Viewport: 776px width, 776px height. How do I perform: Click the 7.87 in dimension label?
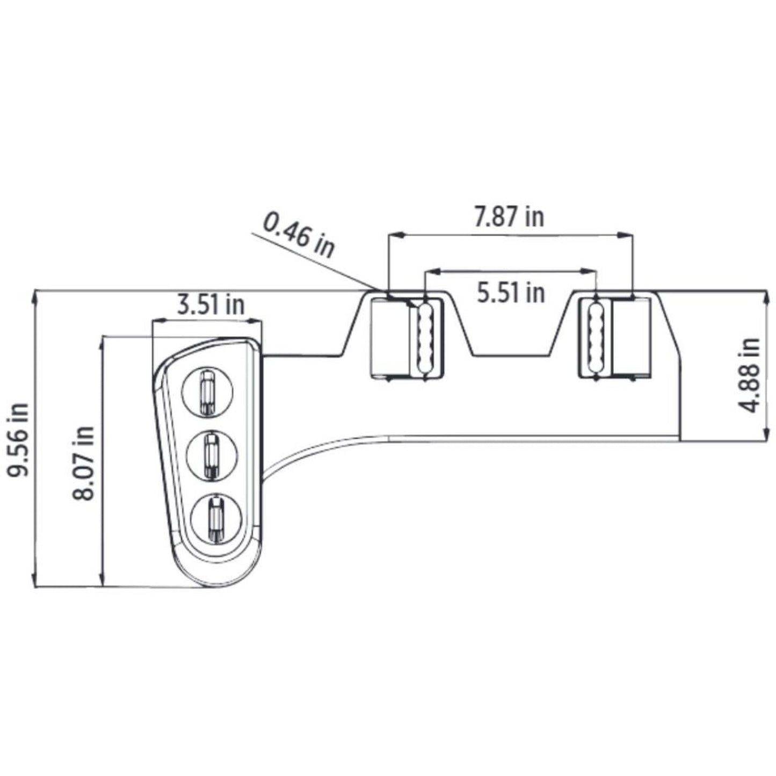[x=509, y=217]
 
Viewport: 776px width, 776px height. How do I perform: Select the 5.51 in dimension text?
[x=511, y=293]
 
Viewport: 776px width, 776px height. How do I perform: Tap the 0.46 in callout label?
[x=299, y=234]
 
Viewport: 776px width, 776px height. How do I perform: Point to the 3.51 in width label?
[x=211, y=305]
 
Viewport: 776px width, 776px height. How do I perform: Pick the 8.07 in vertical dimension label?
[x=83, y=462]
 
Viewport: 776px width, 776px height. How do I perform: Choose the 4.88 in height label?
[x=749, y=374]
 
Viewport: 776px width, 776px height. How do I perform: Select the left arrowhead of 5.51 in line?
[x=429, y=271]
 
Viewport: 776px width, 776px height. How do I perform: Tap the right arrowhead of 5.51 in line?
[x=592, y=271]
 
